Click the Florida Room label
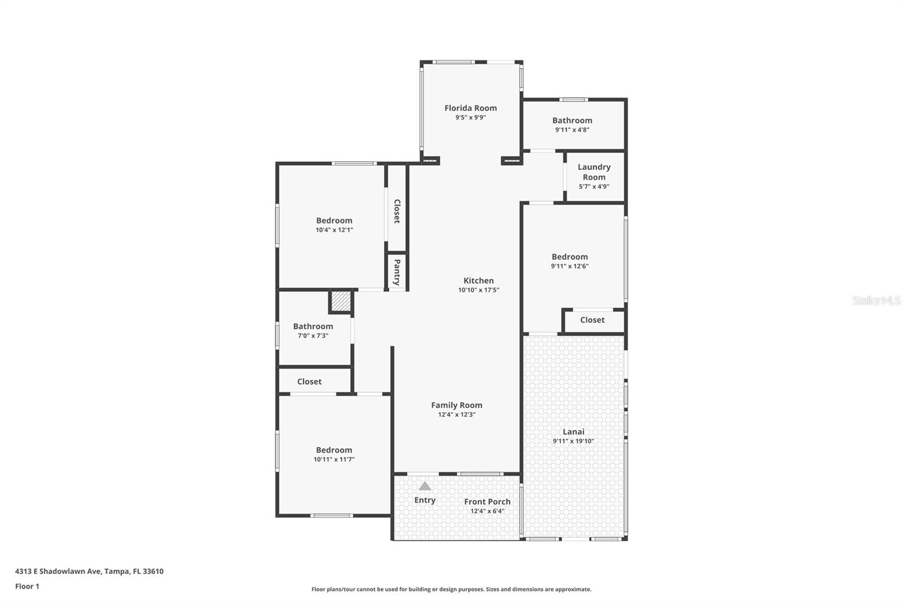tap(470, 108)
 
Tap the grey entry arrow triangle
tap(425, 486)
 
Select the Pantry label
tap(397, 272)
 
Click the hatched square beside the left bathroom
tap(341, 301)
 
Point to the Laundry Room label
tap(594, 172)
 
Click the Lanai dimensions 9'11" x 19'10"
tap(573, 441)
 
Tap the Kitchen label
tap(479, 281)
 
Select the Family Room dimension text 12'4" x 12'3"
tap(457, 414)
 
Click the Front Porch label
tap(487, 502)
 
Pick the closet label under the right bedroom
tap(592, 320)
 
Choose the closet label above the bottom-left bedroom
tap(309, 382)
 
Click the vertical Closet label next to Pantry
tap(397, 211)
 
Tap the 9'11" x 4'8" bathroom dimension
tap(572, 130)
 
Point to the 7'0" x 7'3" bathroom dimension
tap(313, 336)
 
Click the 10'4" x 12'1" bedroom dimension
tap(334, 230)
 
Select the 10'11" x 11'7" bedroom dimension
tap(334, 459)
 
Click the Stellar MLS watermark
tap(876, 301)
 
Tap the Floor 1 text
tap(27, 586)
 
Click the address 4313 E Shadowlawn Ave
tap(58, 571)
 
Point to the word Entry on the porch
tap(425, 500)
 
